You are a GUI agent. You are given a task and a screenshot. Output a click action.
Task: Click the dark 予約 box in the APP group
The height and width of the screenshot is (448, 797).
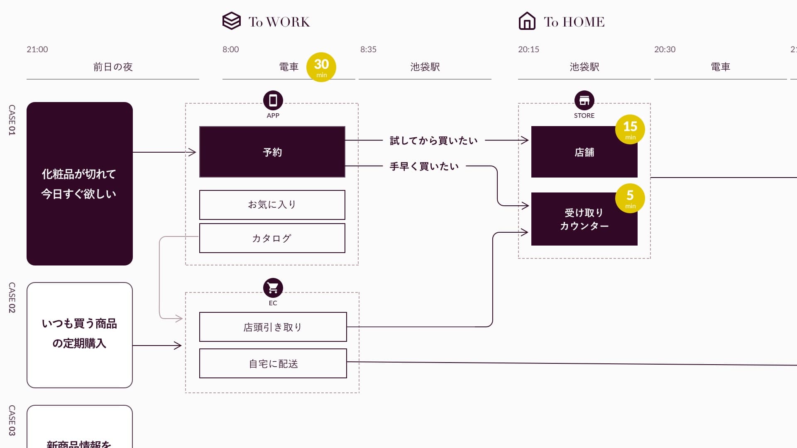pyautogui.click(x=272, y=152)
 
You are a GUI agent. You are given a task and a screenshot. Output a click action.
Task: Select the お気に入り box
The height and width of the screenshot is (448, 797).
pyautogui.click(x=272, y=205)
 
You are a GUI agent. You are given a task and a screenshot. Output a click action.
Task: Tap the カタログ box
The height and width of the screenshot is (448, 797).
pyautogui.click(x=272, y=238)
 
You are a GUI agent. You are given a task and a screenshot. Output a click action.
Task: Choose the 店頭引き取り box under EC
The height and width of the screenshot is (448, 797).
pyautogui.click(x=273, y=327)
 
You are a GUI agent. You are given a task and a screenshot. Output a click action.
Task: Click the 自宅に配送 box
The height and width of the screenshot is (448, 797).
pyautogui.click(x=273, y=363)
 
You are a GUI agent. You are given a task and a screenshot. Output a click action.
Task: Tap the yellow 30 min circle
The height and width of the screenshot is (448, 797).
pyautogui.click(x=321, y=67)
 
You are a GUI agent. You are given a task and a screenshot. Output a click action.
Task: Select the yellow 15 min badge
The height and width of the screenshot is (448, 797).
pyautogui.click(x=630, y=129)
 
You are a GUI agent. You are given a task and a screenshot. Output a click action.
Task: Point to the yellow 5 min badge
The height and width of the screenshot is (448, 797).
pyautogui.click(x=630, y=198)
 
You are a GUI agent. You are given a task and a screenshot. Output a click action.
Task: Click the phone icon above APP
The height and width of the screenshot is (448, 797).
pyautogui.click(x=273, y=100)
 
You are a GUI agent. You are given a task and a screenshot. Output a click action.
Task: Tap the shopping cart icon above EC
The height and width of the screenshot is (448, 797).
pyautogui.click(x=273, y=287)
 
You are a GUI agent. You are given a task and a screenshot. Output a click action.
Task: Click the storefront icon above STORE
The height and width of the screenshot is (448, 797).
pyautogui.click(x=584, y=100)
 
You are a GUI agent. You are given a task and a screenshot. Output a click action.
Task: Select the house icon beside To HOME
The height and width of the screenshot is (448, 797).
pyautogui.click(x=527, y=21)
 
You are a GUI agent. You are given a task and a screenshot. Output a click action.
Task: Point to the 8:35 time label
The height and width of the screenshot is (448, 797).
pyautogui.click(x=368, y=49)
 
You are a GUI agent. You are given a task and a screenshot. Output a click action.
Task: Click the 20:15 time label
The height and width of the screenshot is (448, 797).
pyautogui.click(x=528, y=49)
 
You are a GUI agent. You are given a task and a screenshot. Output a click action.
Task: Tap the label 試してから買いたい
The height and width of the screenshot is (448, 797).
pyautogui.click(x=433, y=141)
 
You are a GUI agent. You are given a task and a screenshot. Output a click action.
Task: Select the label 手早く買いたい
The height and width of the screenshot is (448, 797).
pyautogui.click(x=424, y=166)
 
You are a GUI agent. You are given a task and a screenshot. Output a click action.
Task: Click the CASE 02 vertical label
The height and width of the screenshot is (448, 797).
pyautogui.click(x=12, y=297)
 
